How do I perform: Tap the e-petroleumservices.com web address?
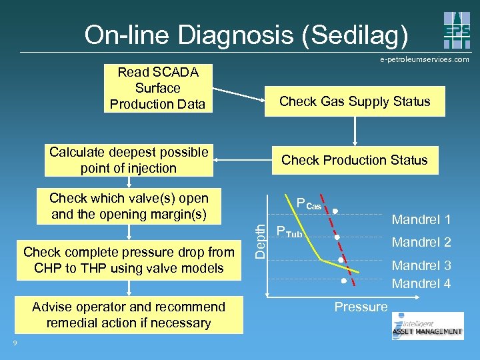[425, 59]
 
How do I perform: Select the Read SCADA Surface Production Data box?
[157, 88]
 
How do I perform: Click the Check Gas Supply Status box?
[355, 101]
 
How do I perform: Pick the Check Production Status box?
[355, 160]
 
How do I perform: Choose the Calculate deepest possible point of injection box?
[129, 161]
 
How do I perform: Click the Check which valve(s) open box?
[129, 206]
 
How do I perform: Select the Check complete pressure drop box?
[129, 260]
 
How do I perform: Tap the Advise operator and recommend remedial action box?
[129, 315]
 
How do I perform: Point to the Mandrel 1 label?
[421, 219]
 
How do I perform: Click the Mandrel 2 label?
[421, 242]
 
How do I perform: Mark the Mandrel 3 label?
[421, 265]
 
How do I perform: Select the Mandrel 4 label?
[421, 283]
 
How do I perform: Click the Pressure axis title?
[361, 307]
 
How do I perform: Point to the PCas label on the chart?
[309, 205]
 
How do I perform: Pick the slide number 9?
[15, 343]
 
